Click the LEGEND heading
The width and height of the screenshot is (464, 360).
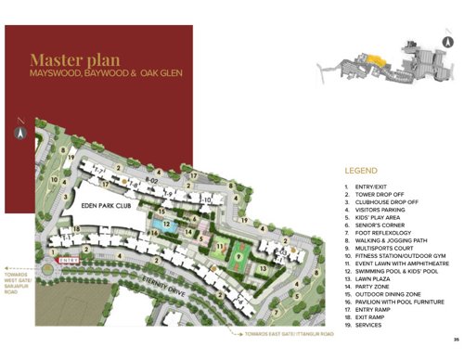tap(362, 172)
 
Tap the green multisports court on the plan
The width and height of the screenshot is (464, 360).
tap(239, 251)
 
